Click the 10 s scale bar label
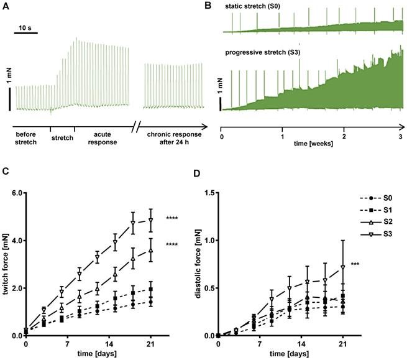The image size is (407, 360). click(x=27, y=28)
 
